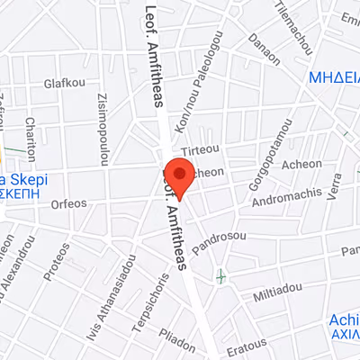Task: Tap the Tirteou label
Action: [201, 150]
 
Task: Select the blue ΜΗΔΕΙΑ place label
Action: [334, 78]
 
